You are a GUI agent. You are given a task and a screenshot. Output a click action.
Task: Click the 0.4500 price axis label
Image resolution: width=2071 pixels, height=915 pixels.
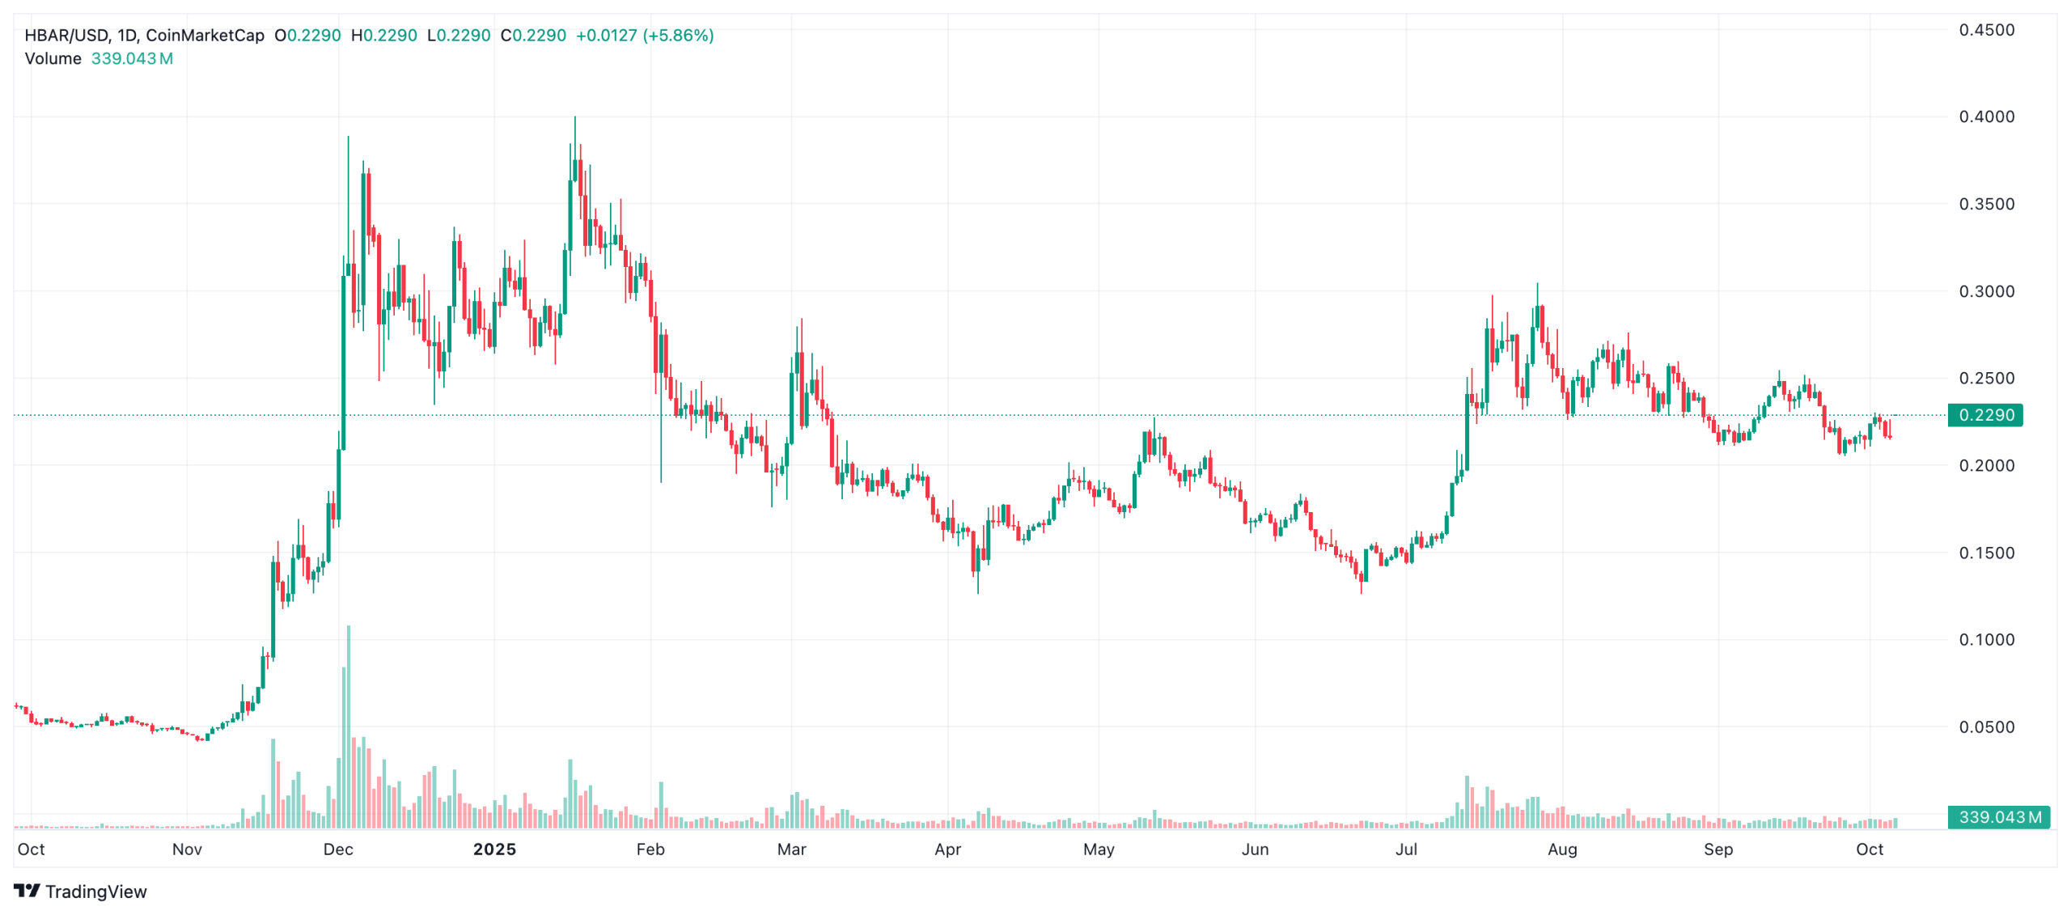[1985, 30]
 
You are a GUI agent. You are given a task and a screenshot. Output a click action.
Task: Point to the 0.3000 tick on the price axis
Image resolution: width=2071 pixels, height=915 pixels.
[1985, 291]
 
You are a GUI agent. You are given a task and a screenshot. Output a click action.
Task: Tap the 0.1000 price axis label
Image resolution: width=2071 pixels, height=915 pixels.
[1985, 640]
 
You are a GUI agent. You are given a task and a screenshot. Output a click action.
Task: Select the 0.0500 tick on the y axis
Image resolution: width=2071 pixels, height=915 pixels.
[1985, 727]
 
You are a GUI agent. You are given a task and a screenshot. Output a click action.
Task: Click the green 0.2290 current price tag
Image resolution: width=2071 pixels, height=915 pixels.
[1984, 415]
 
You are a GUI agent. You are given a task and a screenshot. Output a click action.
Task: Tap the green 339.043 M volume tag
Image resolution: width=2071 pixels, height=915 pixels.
[1997, 817]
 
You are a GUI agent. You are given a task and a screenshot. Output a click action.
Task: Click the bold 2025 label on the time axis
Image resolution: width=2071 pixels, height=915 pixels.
[494, 849]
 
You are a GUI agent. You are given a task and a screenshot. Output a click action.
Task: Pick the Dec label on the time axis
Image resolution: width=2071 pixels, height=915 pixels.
[338, 849]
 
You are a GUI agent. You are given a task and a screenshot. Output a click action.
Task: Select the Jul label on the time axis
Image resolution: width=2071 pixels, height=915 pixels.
[1406, 849]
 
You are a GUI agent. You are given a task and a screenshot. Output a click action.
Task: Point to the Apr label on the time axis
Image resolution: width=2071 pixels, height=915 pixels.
[947, 849]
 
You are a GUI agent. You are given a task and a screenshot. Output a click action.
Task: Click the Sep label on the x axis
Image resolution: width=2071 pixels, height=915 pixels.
[1718, 849]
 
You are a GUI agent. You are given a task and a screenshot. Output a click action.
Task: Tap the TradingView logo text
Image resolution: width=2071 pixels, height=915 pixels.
[95, 892]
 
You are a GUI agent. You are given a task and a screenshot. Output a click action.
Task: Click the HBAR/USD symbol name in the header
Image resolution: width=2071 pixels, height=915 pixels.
[66, 36]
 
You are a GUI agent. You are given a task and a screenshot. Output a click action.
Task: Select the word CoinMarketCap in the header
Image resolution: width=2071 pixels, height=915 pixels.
[205, 36]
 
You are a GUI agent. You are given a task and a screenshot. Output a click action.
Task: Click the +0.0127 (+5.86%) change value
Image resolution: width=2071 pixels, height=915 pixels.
[644, 36]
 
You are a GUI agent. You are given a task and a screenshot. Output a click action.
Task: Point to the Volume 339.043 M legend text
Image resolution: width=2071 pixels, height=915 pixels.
[99, 59]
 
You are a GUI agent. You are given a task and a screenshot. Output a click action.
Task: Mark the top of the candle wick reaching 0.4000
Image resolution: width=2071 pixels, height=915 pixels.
[575, 118]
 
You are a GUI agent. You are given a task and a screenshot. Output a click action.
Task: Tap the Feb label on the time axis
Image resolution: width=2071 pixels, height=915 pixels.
[650, 849]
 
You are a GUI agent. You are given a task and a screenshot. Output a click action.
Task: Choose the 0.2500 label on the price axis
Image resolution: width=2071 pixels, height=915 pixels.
[1985, 379]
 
